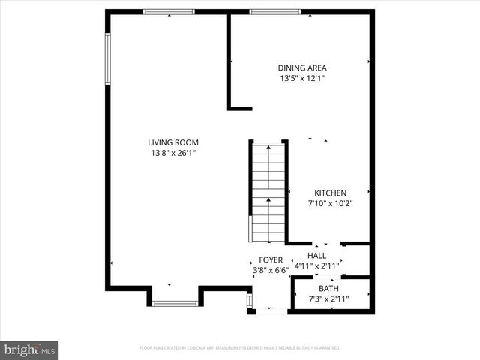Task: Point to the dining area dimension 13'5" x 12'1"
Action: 302,78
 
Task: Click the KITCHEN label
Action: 330,193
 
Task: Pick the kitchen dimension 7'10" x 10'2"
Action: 330,203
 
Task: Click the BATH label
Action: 328,289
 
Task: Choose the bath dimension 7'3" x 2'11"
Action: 328,299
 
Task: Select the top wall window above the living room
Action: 169,12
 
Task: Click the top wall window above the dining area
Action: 275,12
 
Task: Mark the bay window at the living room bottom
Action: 175,303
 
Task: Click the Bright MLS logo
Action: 30,349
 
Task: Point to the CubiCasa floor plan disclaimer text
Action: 240,348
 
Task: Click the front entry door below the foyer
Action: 271,310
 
